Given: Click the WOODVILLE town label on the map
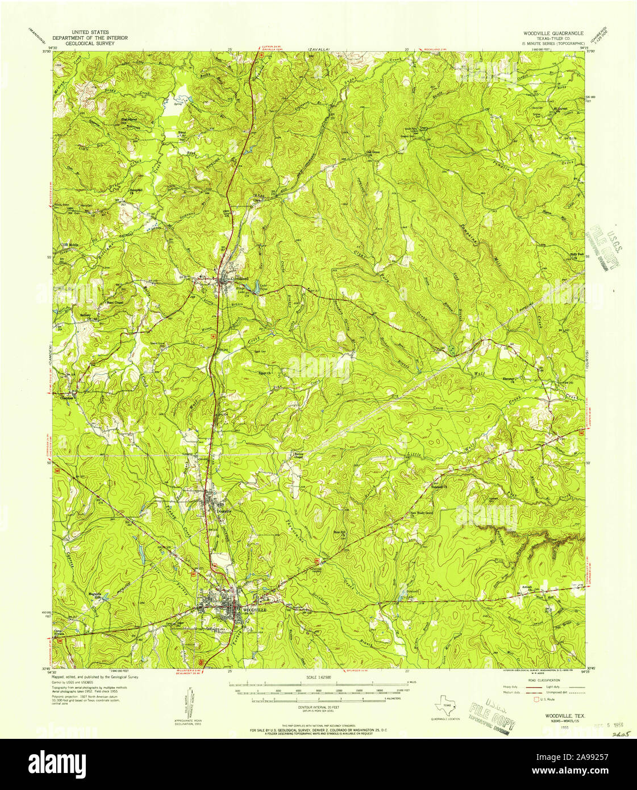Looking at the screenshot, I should (x=254, y=609).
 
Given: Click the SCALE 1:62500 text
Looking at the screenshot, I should (x=318, y=677).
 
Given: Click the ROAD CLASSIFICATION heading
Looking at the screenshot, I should (x=543, y=680).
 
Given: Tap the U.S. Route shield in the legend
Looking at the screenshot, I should (x=535, y=700).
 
